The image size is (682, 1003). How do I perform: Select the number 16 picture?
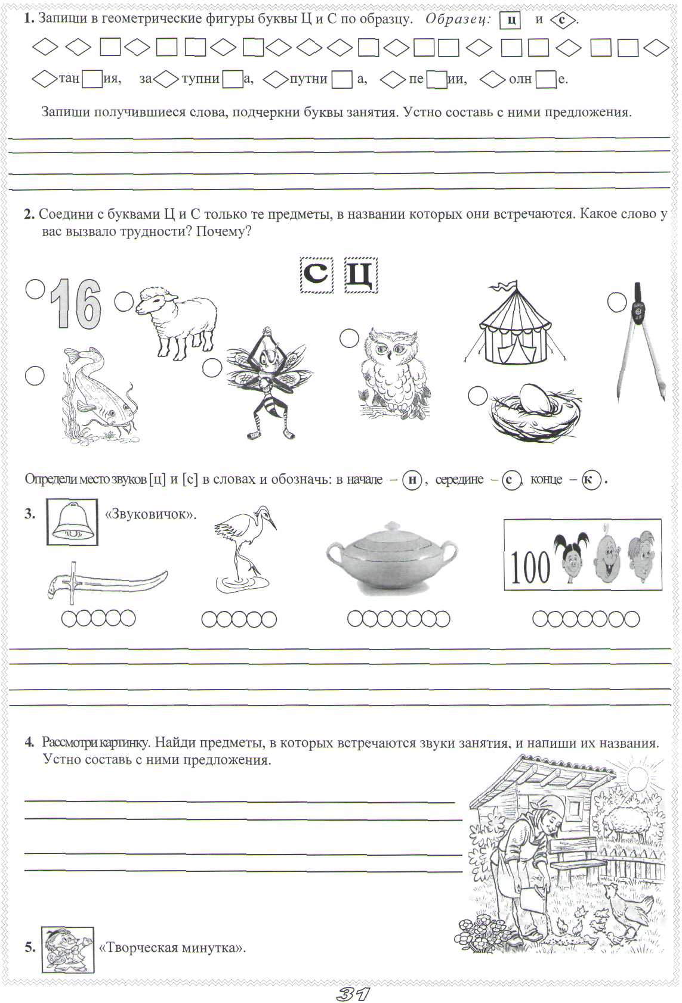[x=76, y=305]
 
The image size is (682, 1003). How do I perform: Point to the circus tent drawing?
[x=514, y=325]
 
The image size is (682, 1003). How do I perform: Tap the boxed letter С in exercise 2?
[x=316, y=274]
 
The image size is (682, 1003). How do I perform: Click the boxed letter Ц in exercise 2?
[x=361, y=275]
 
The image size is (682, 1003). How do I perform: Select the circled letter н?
[x=412, y=480]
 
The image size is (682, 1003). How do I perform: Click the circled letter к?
[x=591, y=480]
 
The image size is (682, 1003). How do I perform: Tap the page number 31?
[x=353, y=993]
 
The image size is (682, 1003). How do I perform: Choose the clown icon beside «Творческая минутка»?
[x=67, y=949]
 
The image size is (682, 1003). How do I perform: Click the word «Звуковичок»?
[x=150, y=514]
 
